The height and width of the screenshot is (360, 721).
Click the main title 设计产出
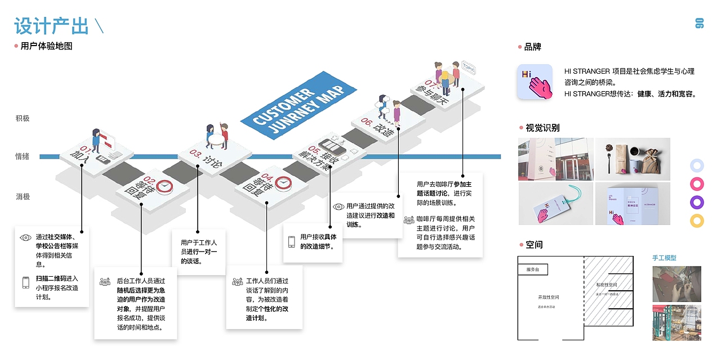pyautogui.click(x=52, y=26)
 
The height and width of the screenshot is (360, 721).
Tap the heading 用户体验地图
pyautogui.click(x=46, y=46)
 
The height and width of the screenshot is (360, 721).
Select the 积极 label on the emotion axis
pyautogui.click(x=23, y=118)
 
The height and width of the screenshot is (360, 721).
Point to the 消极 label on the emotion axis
pyautogui.click(x=23, y=196)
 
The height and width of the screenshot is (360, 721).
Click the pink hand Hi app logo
pyautogui.click(x=535, y=82)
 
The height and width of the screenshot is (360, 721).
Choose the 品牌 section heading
pyautogui.click(x=532, y=47)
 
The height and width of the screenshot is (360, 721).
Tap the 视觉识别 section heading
pyautogui.click(x=542, y=128)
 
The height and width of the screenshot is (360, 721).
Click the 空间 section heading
pyautogui.click(x=534, y=245)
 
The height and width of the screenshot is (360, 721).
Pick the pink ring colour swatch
pyautogui.click(x=697, y=184)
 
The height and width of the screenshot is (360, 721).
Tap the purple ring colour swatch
pyautogui.click(x=697, y=202)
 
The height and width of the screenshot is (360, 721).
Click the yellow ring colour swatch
pyautogui.click(x=697, y=220)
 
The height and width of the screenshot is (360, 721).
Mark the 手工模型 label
pyautogui.click(x=664, y=258)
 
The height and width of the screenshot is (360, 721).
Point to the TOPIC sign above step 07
pyautogui.click(x=468, y=68)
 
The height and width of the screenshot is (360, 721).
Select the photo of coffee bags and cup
pyautogui.click(x=633, y=159)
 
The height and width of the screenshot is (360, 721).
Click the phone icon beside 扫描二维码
pyautogui.click(x=25, y=282)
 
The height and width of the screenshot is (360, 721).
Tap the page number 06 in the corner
pyautogui.click(x=700, y=23)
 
